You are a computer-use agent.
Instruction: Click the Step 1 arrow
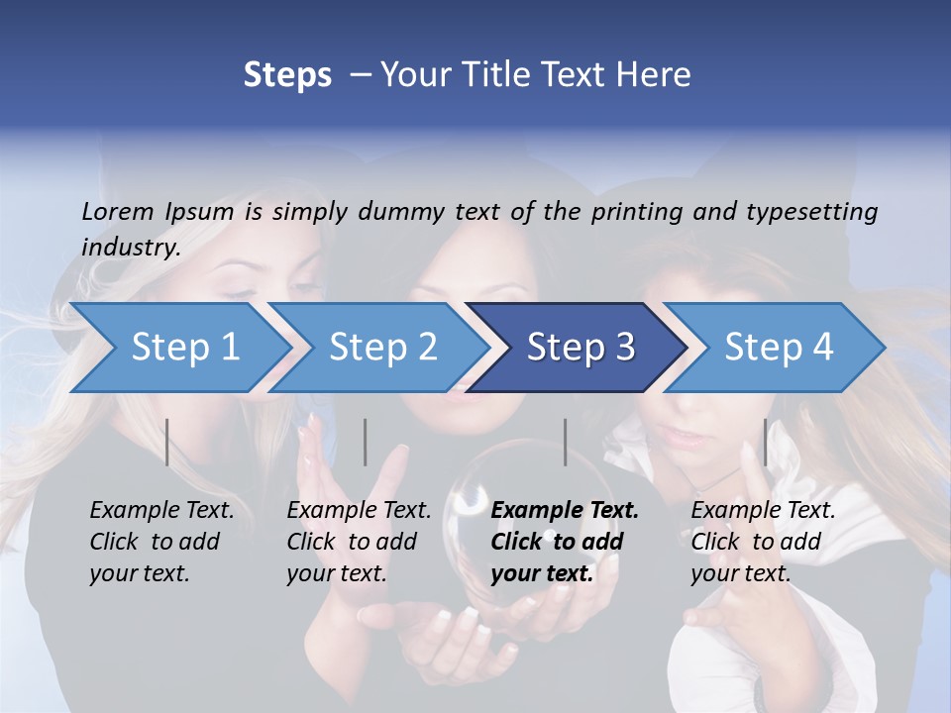(x=185, y=348)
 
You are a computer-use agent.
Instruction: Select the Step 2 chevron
(x=383, y=348)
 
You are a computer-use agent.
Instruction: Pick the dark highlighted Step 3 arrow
(x=581, y=348)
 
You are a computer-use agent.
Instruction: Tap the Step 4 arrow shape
(x=779, y=348)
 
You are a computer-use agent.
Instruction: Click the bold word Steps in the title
(x=287, y=75)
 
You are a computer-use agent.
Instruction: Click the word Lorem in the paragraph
(x=118, y=212)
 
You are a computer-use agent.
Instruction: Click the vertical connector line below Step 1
(x=167, y=442)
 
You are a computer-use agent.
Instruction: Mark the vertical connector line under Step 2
(x=366, y=442)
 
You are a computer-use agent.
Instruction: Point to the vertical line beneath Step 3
(x=565, y=442)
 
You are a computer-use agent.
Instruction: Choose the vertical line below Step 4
(x=765, y=442)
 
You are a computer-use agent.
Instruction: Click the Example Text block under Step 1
(x=161, y=542)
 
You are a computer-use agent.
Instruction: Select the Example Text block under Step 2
(x=359, y=542)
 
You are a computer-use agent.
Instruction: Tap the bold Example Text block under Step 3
(x=565, y=542)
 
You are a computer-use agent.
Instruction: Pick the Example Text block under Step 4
(x=763, y=542)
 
